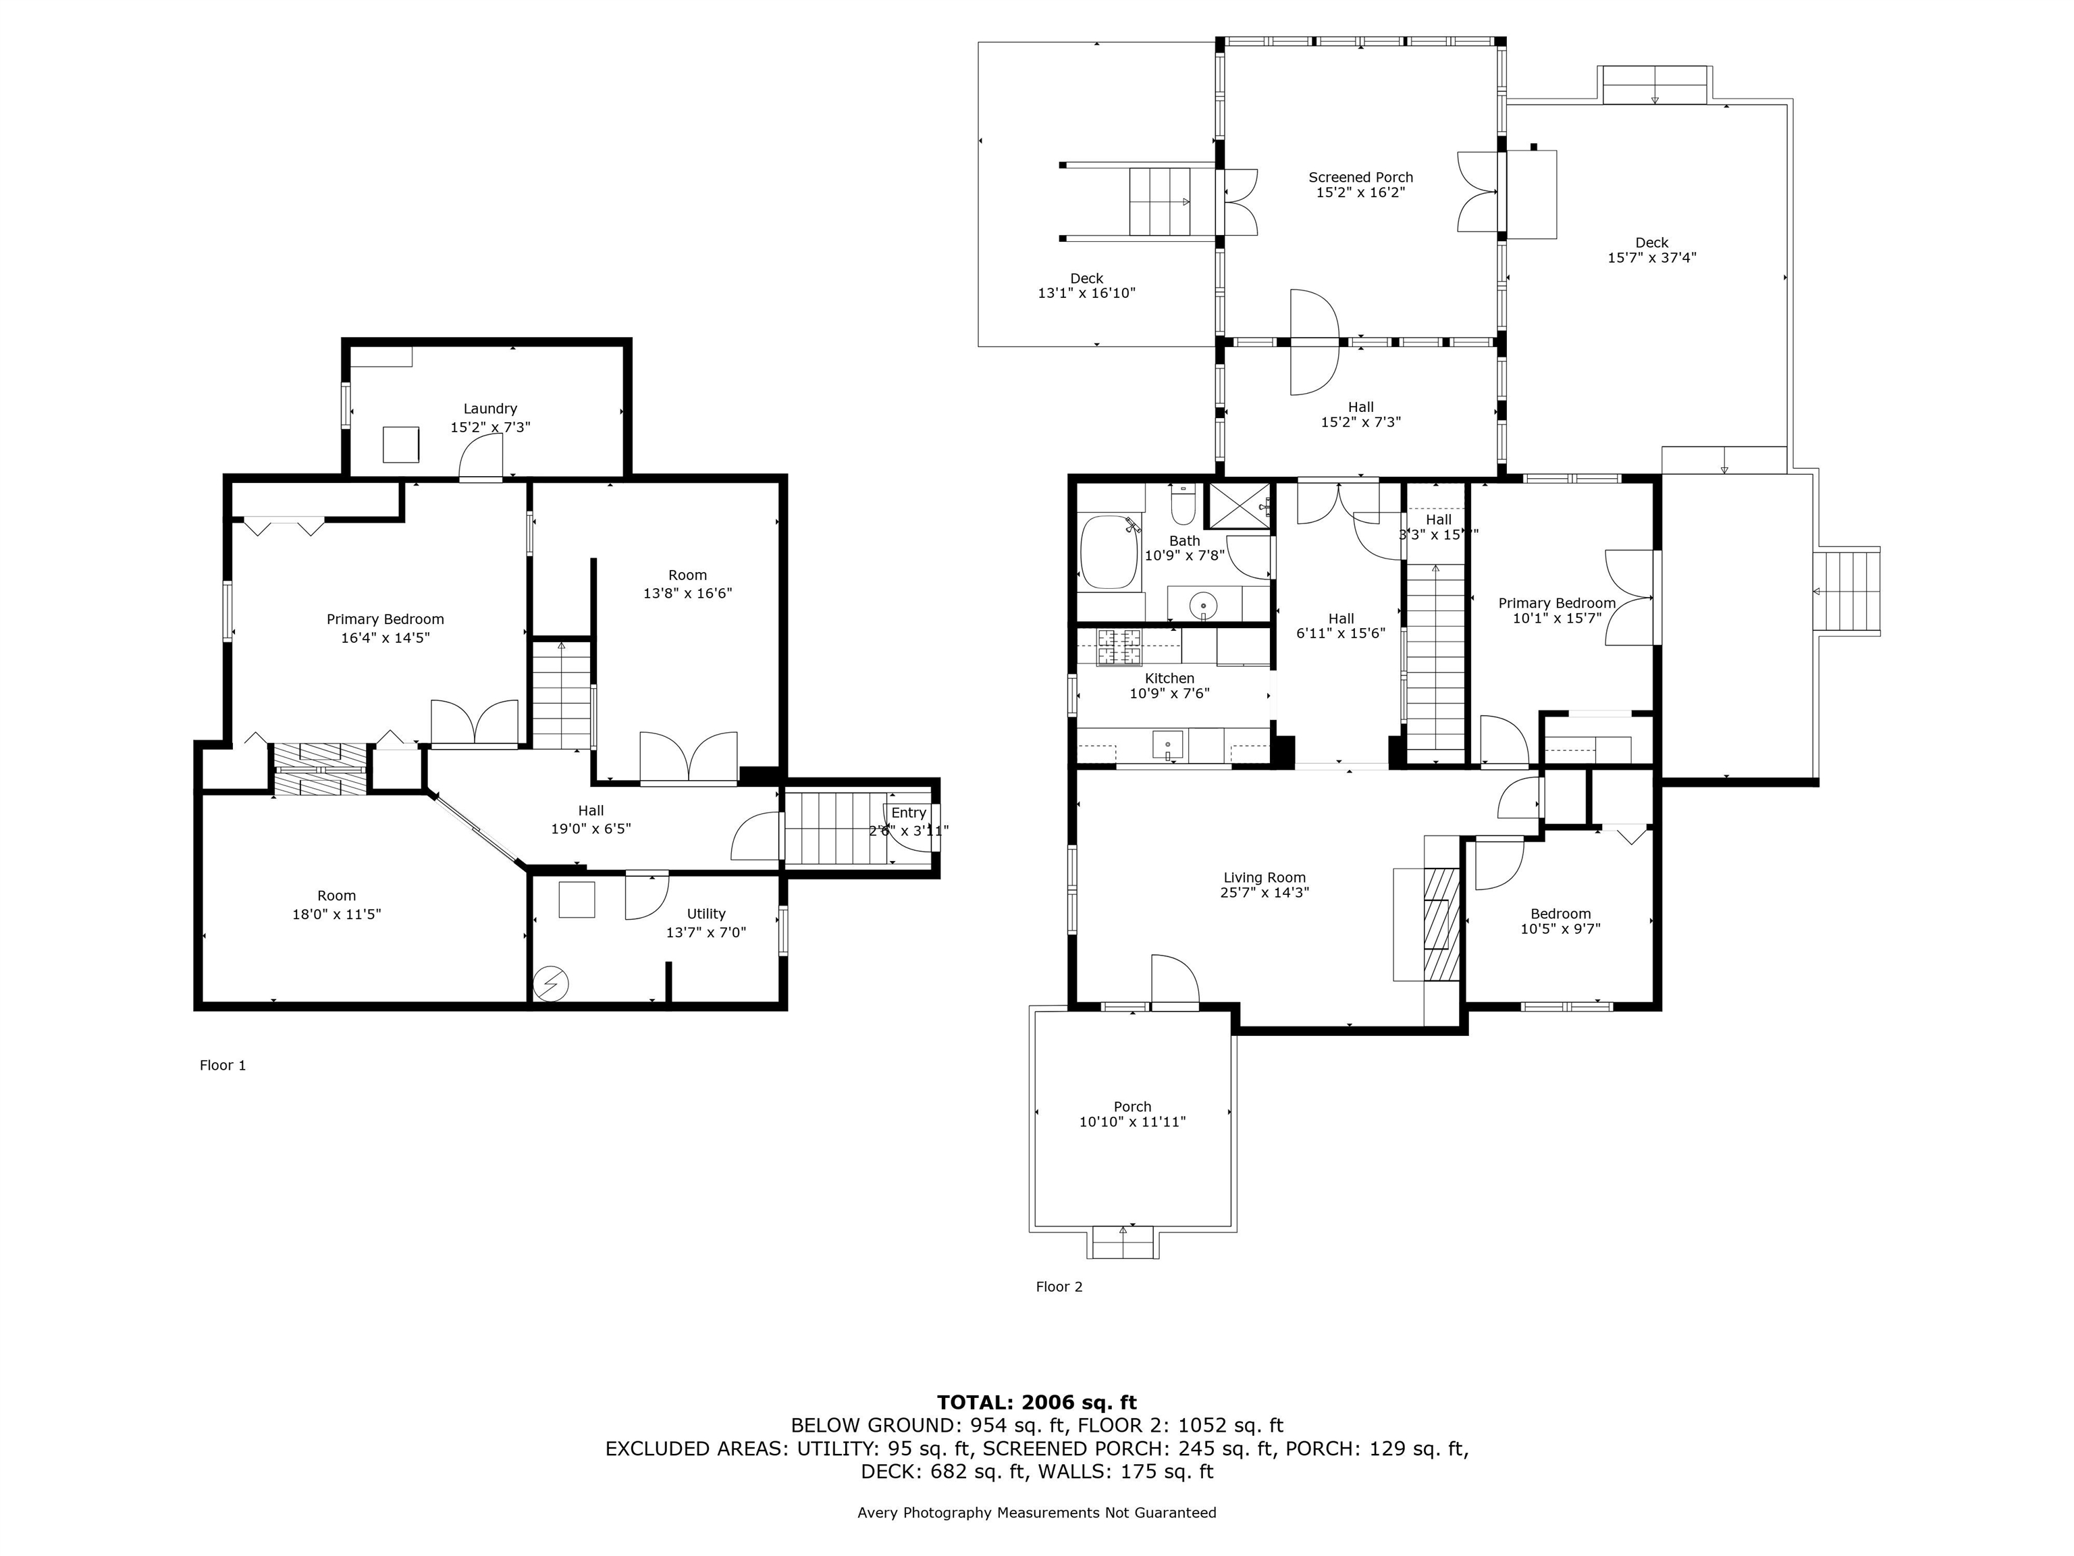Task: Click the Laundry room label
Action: [x=490, y=409]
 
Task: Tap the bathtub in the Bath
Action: [x=1109, y=552]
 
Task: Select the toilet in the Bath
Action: [x=1184, y=507]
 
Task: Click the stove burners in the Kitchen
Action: [x=1119, y=646]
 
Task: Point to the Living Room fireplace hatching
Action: [x=1441, y=924]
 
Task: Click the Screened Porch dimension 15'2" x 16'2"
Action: [x=1360, y=192]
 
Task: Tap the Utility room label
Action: [x=706, y=914]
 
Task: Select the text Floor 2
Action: [x=1059, y=1287]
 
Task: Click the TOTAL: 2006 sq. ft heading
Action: [x=1036, y=1402]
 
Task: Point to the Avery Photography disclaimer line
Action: [x=1036, y=1513]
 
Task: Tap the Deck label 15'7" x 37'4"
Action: [x=1651, y=257]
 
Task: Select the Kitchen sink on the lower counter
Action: [x=1168, y=745]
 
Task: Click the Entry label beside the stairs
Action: [x=909, y=813]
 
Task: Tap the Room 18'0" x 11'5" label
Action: [x=337, y=904]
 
